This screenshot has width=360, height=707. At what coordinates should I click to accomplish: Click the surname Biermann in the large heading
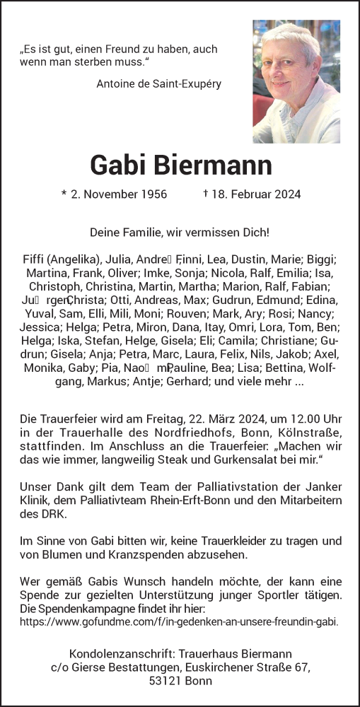tap(217, 165)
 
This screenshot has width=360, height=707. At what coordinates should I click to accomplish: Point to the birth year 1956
tap(152, 194)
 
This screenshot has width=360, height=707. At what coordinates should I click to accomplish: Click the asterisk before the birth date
tap(64, 194)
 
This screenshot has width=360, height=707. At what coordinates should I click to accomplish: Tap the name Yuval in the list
tap(40, 313)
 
